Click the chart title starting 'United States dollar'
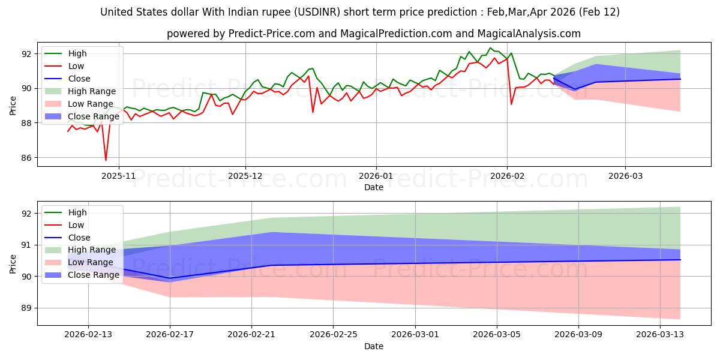pyautogui.click(x=360, y=12)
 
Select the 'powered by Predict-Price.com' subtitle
pyautogui.click(x=373, y=34)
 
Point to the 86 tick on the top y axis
pyautogui.click(x=26, y=158)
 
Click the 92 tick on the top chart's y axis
pyautogui.click(x=26, y=53)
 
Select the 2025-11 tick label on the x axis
pyautogui.click(x=119, y=176)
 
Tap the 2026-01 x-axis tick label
pyautogui.click(x=376, y=176)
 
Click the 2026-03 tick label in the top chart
pyautogui.click(x=625, y=176)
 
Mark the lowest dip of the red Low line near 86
pyautogui.click(x=106, y=160)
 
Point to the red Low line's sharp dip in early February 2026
pyautogui.click(x=511, y=104)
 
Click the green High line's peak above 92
pyautogui.click(x=490, y=48)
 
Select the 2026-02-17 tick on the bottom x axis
pyautogui.click(x=170, y=335)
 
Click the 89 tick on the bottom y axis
pyautogui.click(x=26, y=308)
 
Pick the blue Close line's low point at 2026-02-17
pyautogui.click(x=170, y=278)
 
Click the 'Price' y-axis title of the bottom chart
pyautogui.click(x=13, y=263)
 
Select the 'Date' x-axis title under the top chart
pyautogui.click(x=373, y=187)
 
